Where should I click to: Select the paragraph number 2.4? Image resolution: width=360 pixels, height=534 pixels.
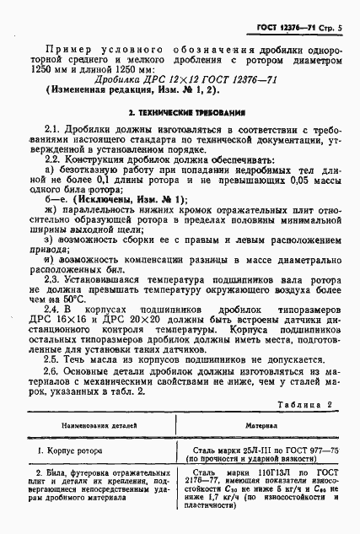click(x=52, y=308)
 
